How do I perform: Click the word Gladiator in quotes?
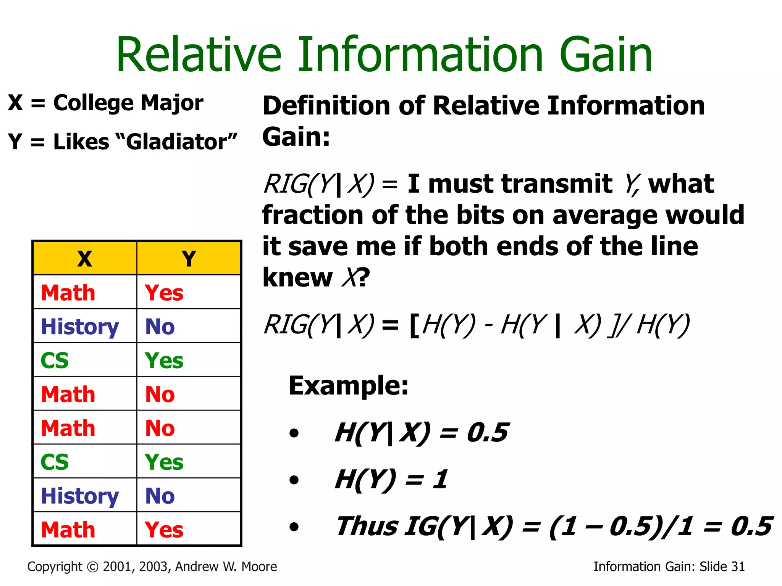(176, 142)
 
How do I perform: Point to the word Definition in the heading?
(327, 106)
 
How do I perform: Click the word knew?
(297, 277)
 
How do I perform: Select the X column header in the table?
(85, 259)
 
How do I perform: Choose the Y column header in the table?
(189, 259)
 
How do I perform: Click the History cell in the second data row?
(80, 327)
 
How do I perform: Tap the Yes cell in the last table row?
(164, 530)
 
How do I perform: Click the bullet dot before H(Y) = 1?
(294, 480)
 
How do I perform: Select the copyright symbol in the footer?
(93, 567)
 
